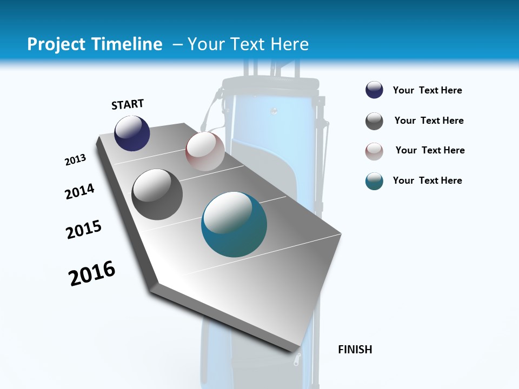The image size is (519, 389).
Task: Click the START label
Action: coord(128,104)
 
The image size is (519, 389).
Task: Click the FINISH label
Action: coord(355,350)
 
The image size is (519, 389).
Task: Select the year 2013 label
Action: coord(75,160)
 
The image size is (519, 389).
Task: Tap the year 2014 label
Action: coord(79,191)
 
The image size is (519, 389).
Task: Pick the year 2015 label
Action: coord(84,230)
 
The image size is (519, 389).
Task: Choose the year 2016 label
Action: coord(92,273)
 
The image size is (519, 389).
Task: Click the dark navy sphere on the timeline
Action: coord(132,133)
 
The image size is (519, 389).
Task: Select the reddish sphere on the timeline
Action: coord(205,151)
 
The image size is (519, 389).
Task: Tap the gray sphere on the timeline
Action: coord(157,194)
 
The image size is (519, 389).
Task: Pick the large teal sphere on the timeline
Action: coord(234,224)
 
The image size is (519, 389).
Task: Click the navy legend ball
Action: coord(374,90)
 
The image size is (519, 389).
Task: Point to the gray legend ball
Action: coord(374,121)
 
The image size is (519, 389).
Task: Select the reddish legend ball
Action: coord(374,151)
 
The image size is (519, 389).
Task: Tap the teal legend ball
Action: coord(374,181)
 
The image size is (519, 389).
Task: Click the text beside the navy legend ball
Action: coord(427,90)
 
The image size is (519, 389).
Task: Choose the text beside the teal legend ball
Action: coord(427,180)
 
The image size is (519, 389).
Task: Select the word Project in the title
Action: coord(56,44)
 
